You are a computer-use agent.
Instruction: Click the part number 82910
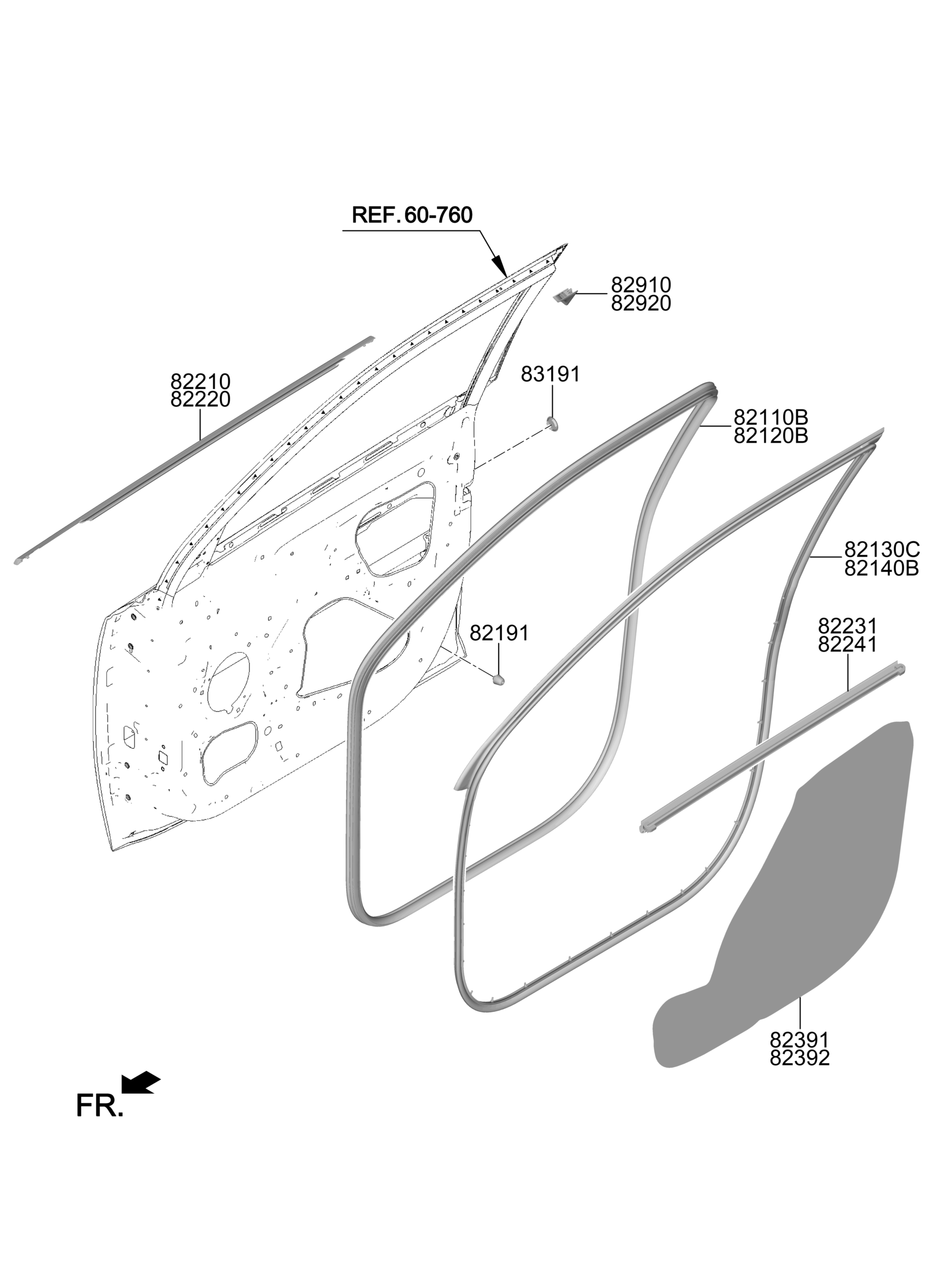tap(641, 285)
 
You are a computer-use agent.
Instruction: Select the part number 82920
tap(641, 304)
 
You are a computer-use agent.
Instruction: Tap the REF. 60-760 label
tap(412, 215)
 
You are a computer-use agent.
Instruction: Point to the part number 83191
tap(550, 374)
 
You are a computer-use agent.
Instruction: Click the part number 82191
tap(499, 633)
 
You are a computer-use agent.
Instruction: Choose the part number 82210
tap(200, 380)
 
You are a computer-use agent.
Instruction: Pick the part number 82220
tap(200, 400)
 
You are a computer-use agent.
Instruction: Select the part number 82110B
tap(771, 418)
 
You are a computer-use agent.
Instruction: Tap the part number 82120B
tap(771, 436)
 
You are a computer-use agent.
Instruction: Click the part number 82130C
tap(882, 549)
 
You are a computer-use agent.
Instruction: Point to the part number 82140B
tap(882, 568)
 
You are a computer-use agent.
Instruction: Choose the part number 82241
tap(847, 645)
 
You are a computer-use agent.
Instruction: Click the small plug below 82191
tap(498, 679)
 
